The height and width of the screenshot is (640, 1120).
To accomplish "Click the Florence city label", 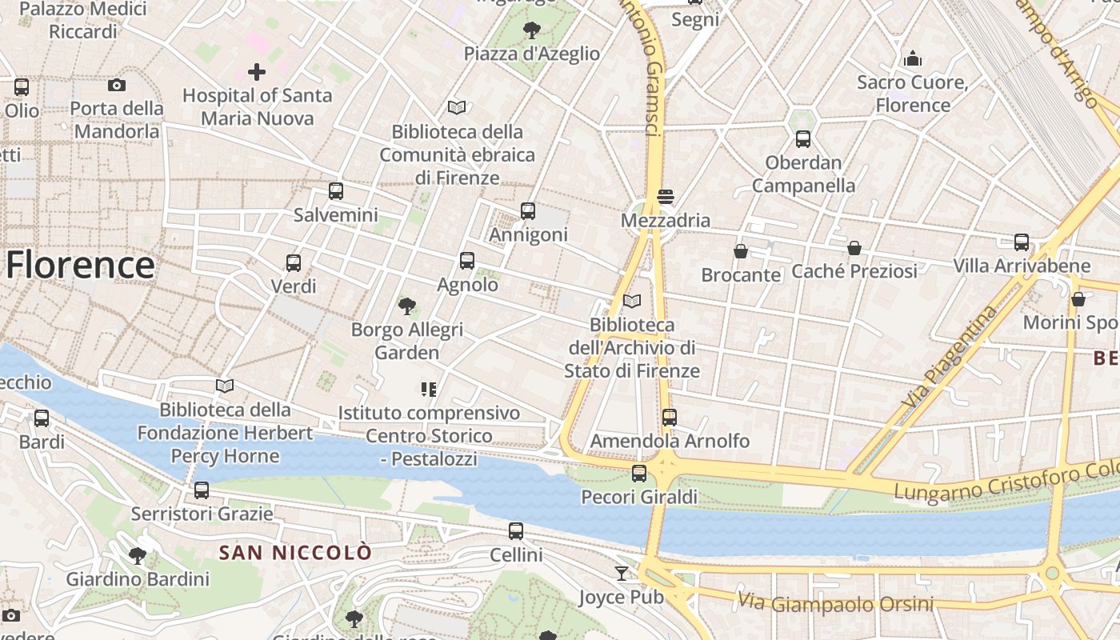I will pyautogui.click(x=80, y=265).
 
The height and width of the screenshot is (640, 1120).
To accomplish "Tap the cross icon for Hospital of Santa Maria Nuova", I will pyautogui.click(x=256, y=72).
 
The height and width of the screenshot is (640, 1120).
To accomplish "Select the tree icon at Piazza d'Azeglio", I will pyautogui.click(x=531, y=30).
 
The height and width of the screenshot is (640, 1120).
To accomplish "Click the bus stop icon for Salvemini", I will pyautogui.click(x=336, y=191).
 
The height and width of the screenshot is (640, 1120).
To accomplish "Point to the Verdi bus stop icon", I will pyautogui.click(x=294, y=262).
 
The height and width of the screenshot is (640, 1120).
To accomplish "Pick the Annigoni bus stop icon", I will pyautogui.click(x=528, y=211).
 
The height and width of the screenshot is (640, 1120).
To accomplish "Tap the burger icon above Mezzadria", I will pyautogui.click(x=665, y=196).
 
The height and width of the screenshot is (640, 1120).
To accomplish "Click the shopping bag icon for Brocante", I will pyautogui.click(x=741, y=251).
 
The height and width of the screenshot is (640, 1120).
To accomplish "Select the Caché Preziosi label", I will pyautogui.click(x=854, y=271).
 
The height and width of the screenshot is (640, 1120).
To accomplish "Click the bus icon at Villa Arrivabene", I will pyautogui.click(x=1022, y=242).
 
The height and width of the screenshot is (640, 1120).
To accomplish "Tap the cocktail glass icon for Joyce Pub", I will pyautogui.click(x=622, y=573).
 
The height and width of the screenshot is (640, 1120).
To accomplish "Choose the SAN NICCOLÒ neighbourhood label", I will pyautogui.click(x=296, y=552).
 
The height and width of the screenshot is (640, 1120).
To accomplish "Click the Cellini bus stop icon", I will pyautogui.click(x=516, y=530).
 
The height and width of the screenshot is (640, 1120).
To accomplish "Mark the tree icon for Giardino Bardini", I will pyautogui.click(x=138, y=554).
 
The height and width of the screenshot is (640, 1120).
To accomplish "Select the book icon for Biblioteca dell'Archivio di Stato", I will pyautogui.click(x=632, y=301).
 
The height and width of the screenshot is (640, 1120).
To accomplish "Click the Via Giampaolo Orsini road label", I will pyautogui.click(x=835, y=602).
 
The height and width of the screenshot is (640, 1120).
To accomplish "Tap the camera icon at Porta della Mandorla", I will pyautogui.click(x=117, y=85).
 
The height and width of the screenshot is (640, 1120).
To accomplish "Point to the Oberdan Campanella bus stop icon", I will pyautogui.click(x=803, y=139).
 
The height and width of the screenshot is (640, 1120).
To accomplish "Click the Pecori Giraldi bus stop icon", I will pyautogui.click(x=639, y=473).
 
